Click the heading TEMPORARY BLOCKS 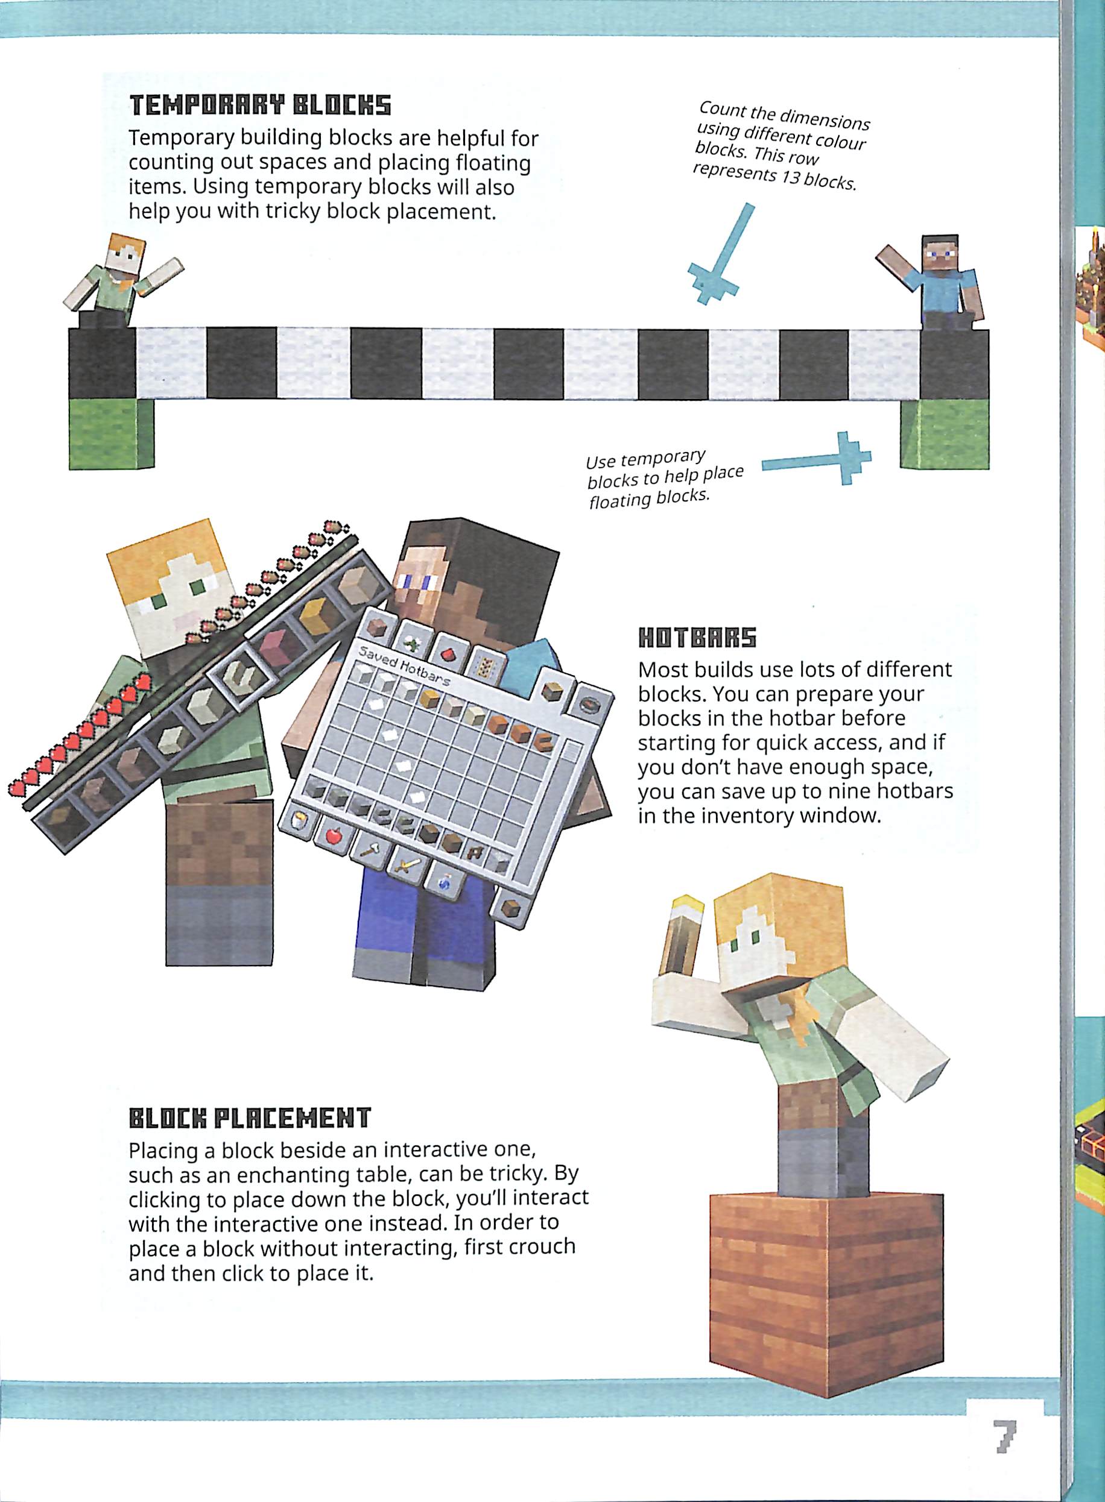(x=259, y=105)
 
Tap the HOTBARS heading (x=697, y=638)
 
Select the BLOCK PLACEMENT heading (x=250, y=1117)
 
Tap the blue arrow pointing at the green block (x=817, y=459)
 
